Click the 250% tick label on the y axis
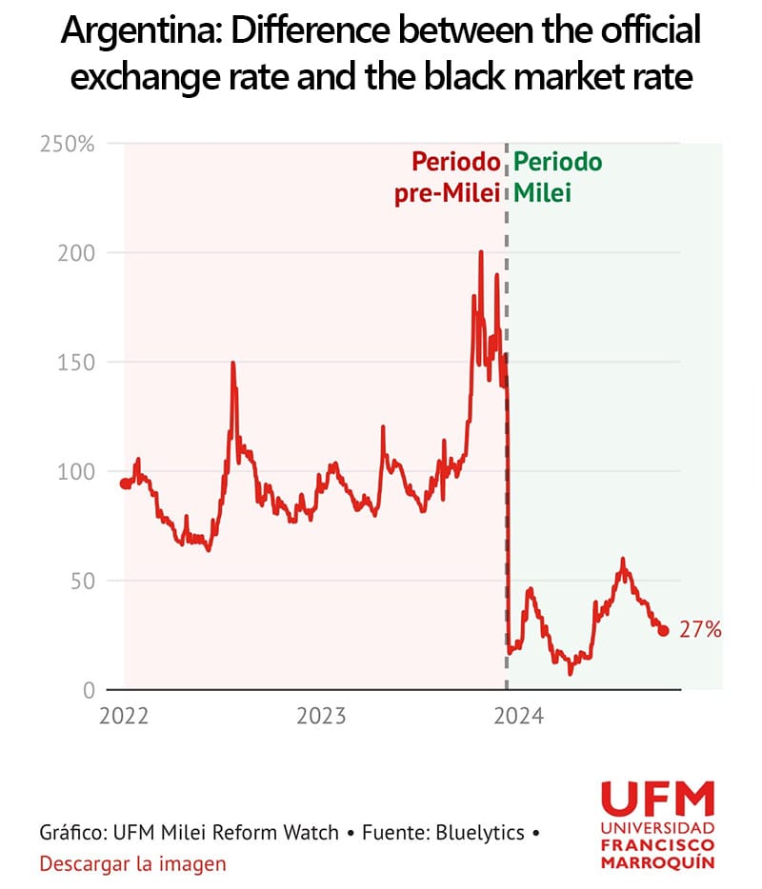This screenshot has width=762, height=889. [x=67, y=145]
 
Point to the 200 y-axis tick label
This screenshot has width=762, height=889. [x=78, y=253]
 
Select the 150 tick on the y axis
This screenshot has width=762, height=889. [x=78, y=363]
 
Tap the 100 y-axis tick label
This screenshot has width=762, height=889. [x=78, y=472]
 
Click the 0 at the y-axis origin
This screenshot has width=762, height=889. [x=89, y=690]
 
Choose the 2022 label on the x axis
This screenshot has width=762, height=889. [x=123, y=717]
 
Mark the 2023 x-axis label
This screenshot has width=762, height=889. [x=321, y=717]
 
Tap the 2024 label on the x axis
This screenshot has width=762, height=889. [x=519, y=717]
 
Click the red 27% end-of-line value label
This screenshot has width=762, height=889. [x=700, y=630]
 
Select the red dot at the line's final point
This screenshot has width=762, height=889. [x=664, y=630]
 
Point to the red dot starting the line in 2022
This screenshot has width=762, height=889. [x=125, y=484]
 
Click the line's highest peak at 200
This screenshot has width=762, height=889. [x=481, y=253]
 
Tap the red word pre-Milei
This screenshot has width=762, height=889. [x=448, y=194]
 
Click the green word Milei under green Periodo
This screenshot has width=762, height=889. [x=543, y=194]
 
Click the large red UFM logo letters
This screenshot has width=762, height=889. [x=657, y=799]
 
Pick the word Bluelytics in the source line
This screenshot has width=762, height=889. [x=479, y=833]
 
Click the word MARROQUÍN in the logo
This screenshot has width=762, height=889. [x=657, y=863]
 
